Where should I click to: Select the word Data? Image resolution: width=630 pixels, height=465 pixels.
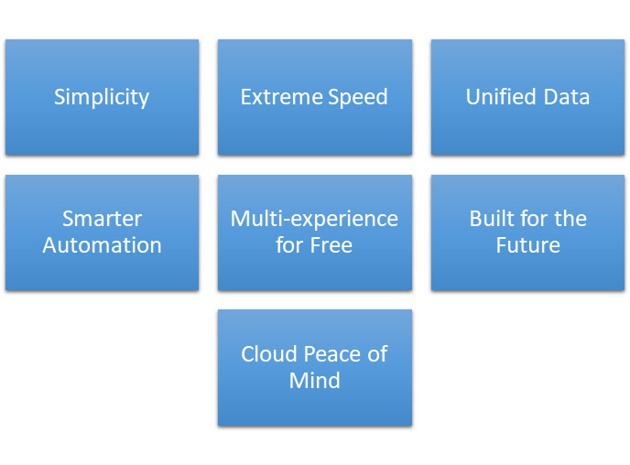pos(565,97)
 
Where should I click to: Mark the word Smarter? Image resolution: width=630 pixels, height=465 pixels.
pos(102,220)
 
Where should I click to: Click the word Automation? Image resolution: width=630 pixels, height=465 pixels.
pos(102,245)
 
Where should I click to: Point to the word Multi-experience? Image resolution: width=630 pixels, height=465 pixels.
pos(314,220)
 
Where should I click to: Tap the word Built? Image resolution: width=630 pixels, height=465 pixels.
pos(491,220)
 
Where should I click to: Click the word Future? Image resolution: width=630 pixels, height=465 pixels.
pos(527,245)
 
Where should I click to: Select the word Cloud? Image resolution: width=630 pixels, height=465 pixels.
pos(266,354)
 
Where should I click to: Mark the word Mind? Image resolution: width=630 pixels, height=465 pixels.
pos(314,380)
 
